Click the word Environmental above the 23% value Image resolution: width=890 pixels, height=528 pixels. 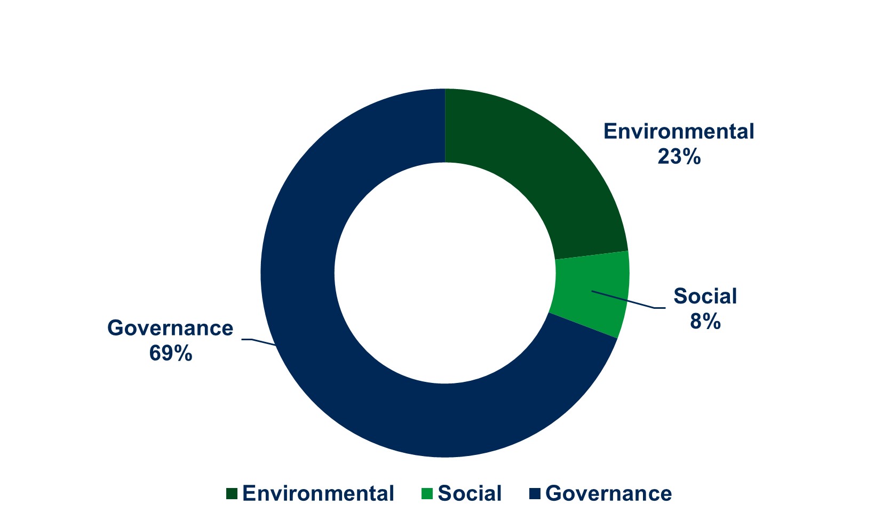coord(679,131)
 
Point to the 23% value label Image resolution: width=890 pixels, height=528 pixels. coord(679,157)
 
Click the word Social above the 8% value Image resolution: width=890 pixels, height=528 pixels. coord(705,296)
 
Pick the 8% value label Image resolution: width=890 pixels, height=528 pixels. coord(705,322)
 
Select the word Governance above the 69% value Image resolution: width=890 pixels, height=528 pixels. coord(170,328)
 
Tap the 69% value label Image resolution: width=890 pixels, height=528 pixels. coord(170,354)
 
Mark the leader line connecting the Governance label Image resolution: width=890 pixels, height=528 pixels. coord(259,341)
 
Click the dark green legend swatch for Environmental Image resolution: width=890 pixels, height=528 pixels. coord(232,494)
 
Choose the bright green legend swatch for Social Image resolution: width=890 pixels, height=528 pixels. coord(427,494)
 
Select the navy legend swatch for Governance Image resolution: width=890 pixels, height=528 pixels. coord(535,494)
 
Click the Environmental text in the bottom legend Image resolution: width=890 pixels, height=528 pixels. coord(318,493)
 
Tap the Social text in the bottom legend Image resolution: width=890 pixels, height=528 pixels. coord(470,493)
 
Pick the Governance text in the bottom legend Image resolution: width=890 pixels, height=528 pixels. coord(608,493)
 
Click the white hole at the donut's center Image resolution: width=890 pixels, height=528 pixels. coord(445,273)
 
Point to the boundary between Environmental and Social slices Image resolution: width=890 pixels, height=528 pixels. coord(592,255)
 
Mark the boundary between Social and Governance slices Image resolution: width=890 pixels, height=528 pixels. coord(583,325)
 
